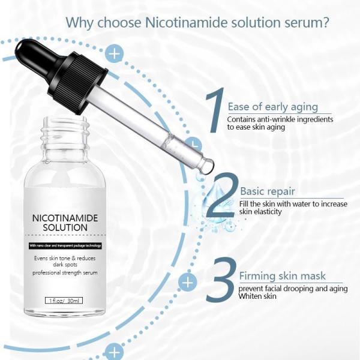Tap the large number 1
215,111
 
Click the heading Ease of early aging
272,107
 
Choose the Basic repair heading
267,191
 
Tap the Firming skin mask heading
283,276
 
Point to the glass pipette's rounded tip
206,166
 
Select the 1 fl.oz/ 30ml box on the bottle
62,299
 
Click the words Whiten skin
257,296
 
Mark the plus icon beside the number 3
188,281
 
